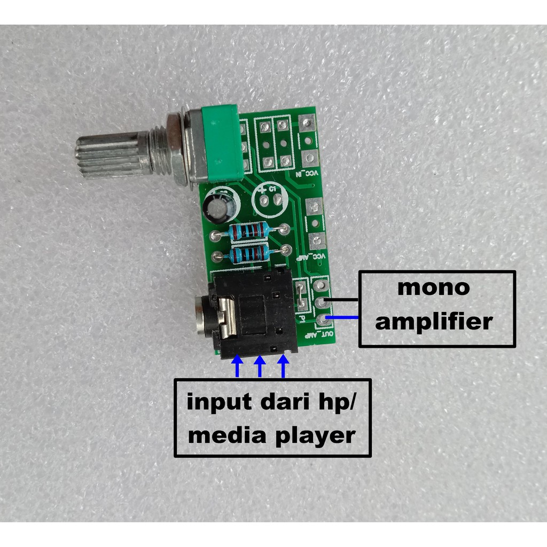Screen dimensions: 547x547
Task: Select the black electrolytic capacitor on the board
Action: (219, 206)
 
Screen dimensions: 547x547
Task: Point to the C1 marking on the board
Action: (272, 189)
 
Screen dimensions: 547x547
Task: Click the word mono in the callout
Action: (433, 288)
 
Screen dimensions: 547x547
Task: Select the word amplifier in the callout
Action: (433, 322)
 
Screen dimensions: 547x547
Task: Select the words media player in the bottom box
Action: (272, 435)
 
